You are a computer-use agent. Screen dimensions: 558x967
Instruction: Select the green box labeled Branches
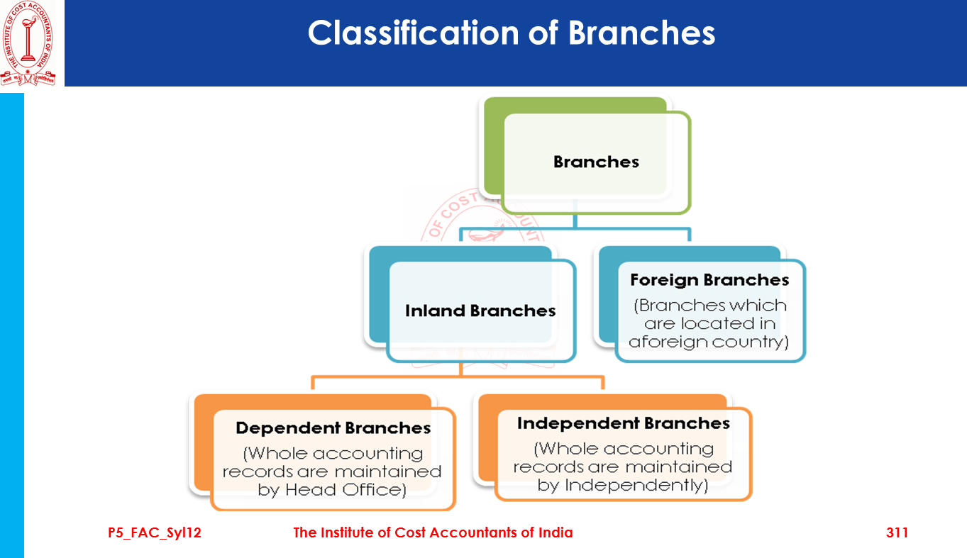point(596,162)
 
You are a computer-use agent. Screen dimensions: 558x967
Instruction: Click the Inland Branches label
point(480,311)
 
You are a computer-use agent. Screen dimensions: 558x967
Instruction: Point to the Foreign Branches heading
point(709,280)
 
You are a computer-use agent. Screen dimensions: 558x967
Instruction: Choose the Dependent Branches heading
point(333,428)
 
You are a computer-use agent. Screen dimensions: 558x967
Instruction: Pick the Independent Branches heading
point(624,423)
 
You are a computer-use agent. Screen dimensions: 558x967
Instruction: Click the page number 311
point(897,532)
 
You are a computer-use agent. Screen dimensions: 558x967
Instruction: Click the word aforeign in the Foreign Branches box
point(663,342)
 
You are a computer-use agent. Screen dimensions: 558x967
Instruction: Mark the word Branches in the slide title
point(642,33)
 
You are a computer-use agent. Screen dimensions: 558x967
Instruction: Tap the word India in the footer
point(554,532)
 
